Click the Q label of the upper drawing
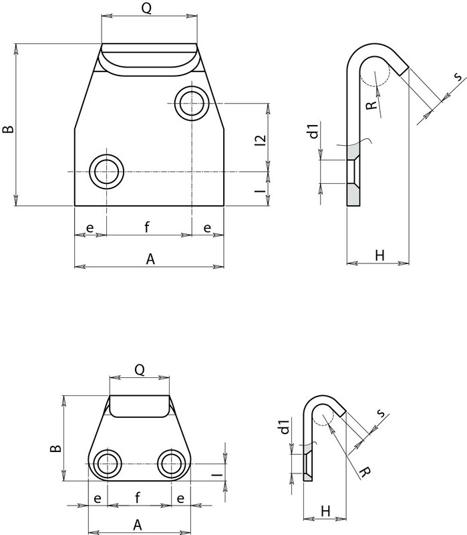pos(149,9)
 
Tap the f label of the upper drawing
pos(146,228)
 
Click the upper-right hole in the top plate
pos(192,102)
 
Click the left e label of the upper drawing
pos(90,228)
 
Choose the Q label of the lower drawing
pos(140,368)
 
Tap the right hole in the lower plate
pos(172,463)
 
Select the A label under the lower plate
pos(138,524)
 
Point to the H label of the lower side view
pos(324,510)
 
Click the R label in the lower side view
pos(361,473)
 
